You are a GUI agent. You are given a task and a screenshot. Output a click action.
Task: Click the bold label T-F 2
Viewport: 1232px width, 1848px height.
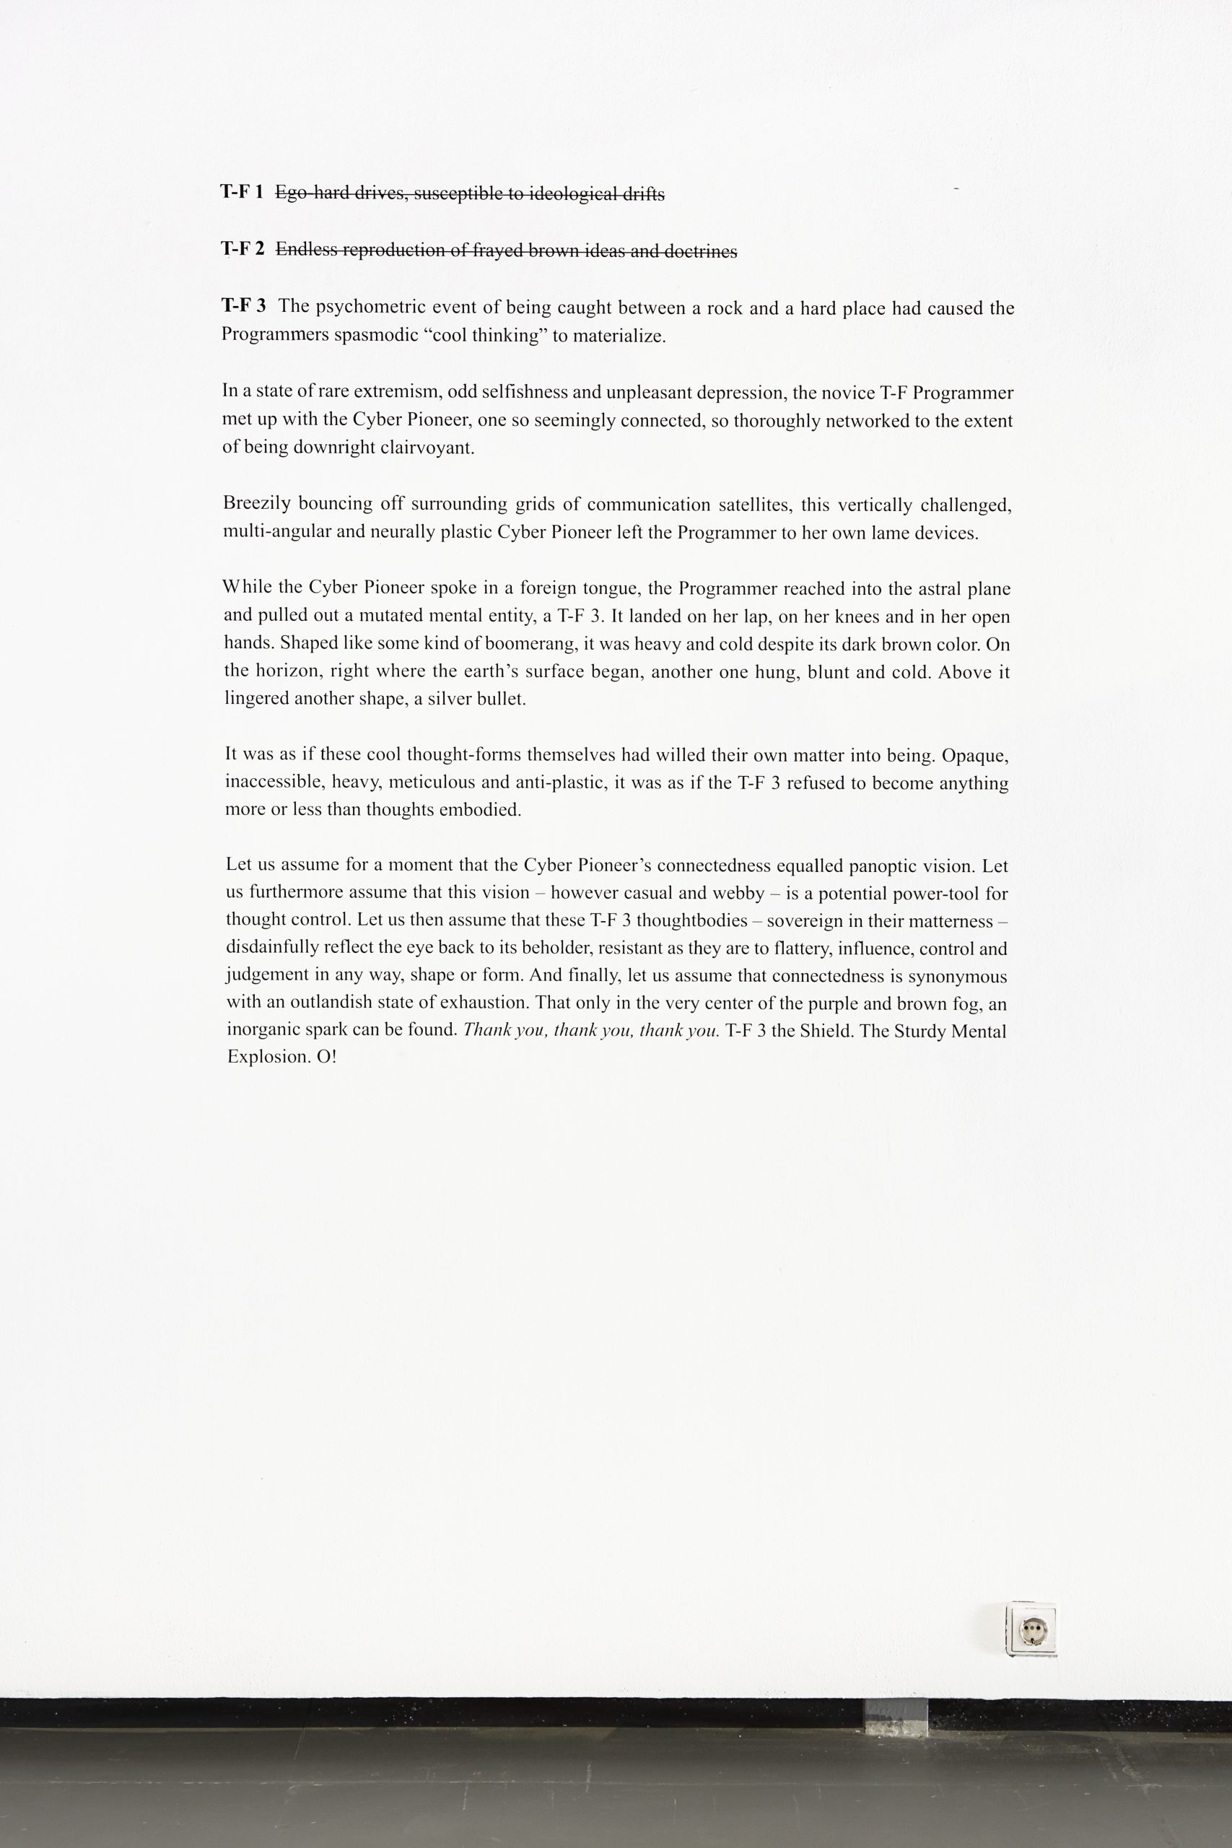[243, 249]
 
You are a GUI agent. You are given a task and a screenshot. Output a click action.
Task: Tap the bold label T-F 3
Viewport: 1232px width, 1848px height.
[243, 305]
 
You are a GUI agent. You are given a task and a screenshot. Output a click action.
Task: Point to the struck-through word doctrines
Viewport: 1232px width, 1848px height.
[701, 251]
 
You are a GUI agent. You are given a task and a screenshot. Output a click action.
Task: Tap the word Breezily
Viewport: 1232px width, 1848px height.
[256, 504]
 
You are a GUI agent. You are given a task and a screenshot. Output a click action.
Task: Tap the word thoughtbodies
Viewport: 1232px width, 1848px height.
[691, 921]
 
